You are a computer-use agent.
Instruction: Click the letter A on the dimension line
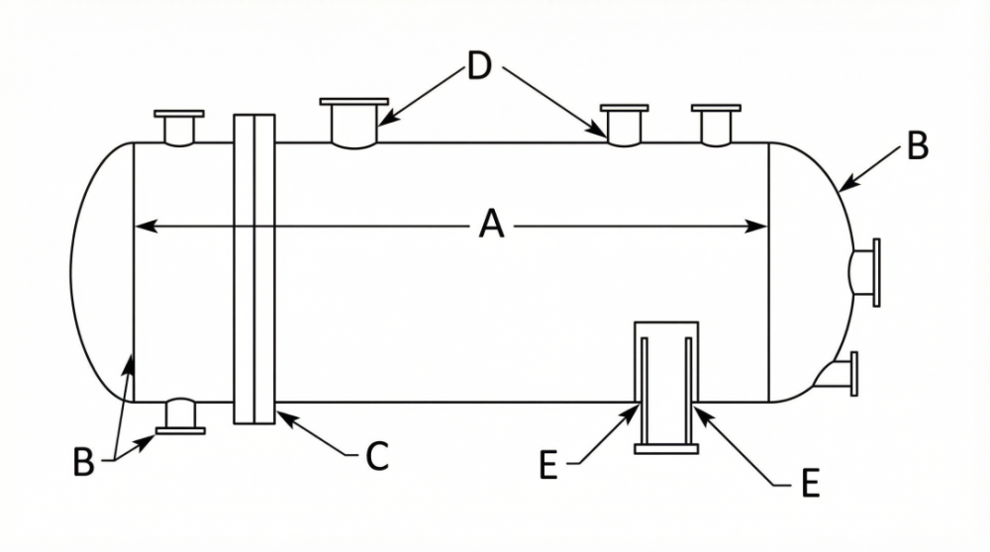[491, 225]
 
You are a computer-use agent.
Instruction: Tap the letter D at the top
[480, 65]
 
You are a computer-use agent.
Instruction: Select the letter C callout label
[377, 456]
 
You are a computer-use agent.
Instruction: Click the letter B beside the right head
[918, 145]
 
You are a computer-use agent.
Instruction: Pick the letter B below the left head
[83, 462]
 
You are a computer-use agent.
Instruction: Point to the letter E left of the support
[548, 466]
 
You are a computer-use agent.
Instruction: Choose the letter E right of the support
[810, 483]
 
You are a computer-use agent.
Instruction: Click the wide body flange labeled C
[254, 269]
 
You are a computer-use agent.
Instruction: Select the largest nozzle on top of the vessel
[354, 123]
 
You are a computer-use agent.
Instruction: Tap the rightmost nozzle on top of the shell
[716, 126]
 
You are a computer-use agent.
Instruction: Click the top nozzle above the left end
[179, 128]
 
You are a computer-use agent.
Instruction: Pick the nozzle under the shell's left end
[180, 415]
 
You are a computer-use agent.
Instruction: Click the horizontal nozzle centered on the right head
[865, 272]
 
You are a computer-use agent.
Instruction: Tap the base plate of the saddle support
[666, 449]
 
